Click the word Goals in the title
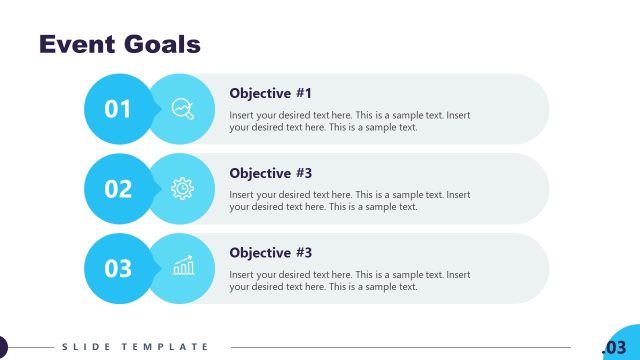161,44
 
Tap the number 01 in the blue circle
118,108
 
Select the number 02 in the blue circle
118,188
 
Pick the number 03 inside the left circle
118,268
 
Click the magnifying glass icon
183,108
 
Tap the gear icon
183,188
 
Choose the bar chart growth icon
183,267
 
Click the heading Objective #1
270,93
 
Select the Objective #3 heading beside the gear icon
270,173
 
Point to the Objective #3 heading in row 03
270,253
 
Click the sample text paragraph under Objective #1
349,121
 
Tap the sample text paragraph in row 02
349,201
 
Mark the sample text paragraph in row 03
349,281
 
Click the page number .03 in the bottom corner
614,347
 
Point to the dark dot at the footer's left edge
2,347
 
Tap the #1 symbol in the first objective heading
303,93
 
